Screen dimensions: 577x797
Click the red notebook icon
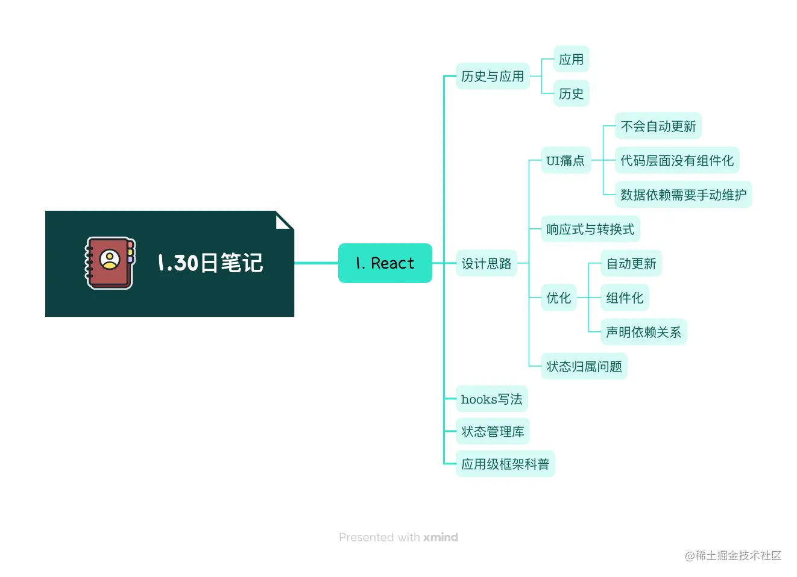tap(109, 263)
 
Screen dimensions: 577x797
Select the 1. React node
tap(385, 263)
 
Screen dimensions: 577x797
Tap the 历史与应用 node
tap(493, 76)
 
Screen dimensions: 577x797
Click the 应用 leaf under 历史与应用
tap(571, 60)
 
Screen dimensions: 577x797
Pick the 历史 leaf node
tap(571, 94)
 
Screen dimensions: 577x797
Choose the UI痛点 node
tap(565, 161)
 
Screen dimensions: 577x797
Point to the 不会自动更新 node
tap(658, 126)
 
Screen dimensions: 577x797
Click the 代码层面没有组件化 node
tap(676, 161)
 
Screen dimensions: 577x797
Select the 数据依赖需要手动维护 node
tap(683, 195)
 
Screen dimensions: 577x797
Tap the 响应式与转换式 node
tap(590, 229)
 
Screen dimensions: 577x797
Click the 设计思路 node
tap(487, 264)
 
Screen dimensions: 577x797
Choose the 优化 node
tap(559, 298)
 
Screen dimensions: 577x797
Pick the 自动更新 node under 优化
tap(631, 264)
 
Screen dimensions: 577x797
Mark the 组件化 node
tap(625, 298)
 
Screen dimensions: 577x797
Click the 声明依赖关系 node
tap(643, 332)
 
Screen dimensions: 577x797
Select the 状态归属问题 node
tap(584, 367)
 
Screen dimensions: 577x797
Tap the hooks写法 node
tap(491, 399)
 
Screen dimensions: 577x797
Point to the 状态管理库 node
tap(493, 432)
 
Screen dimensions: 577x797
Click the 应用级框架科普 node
tap(505, 464)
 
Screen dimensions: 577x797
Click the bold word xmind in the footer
tap(441, 537)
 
